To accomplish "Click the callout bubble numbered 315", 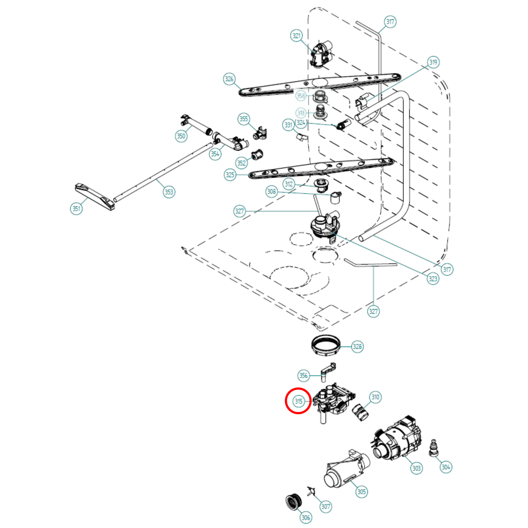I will click(x=298, y=401).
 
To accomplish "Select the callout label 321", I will click(x=297, y=35).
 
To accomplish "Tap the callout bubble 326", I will click(x=229, y=79).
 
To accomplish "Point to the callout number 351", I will click(x=76, y=209).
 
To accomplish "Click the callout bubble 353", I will click(x=169, y=192).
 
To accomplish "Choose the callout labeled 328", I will click(x=357, y=346).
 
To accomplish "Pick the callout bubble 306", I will click(x=305, y=517).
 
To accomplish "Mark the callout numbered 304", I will click(x=446, y=467).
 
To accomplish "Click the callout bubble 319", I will click(x=433, y=62).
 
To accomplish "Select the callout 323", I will click(x=433, y=279).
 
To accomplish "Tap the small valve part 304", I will click(x=434, y=448).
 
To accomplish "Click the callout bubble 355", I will click(x=243, y=119).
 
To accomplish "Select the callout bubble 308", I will click(x=271, y=191).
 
